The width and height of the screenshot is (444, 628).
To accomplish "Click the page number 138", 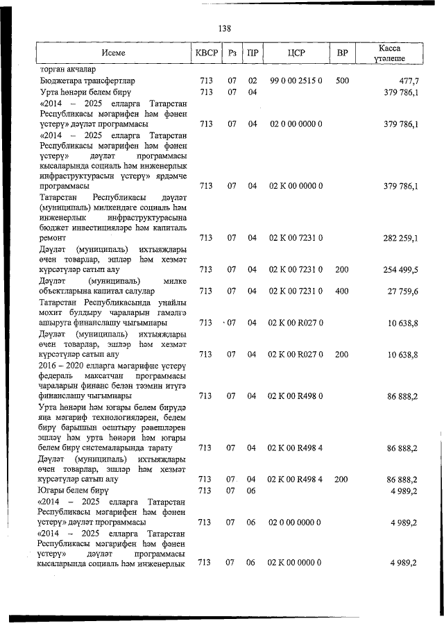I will [x=224, y=28].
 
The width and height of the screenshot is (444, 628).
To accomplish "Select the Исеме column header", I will [x=113, y=53].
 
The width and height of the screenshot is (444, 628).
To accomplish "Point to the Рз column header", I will [x=233, y=53].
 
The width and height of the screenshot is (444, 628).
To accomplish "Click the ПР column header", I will [x=253, y=53].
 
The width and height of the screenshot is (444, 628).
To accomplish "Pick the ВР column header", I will [x=342, y=53].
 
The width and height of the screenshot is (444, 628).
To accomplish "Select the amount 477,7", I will [x=404, y=81].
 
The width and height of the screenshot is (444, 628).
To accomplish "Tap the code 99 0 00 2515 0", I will [x=296, y=81].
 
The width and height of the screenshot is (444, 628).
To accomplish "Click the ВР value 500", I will [x=342, y=81].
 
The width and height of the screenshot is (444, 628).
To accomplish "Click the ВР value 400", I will [x=342, y=291].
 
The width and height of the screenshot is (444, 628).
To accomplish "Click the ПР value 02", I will [x=253, y=81].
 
